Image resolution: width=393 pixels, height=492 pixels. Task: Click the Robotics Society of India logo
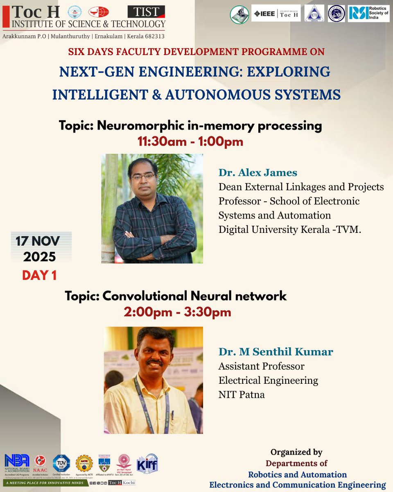pos(369,13)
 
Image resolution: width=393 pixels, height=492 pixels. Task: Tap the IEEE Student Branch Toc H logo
pos(276,13)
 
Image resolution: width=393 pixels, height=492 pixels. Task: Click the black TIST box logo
pos(146,11)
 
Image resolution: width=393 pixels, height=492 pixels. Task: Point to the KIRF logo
pos(147,463)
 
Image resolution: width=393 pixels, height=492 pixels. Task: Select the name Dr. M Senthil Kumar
pos(276,352)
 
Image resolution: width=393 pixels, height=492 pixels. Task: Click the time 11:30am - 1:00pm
pos(190,142)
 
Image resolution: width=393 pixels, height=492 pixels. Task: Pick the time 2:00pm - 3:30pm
pos(177,312)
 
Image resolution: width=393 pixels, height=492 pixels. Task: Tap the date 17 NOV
pos(38,240)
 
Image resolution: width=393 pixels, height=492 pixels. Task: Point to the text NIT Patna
pos(242,395)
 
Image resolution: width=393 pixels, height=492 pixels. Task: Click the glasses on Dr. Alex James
pos(143,177)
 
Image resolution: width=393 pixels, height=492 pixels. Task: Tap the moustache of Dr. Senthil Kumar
pos(154,362)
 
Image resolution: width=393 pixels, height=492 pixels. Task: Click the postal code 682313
pos(152,36)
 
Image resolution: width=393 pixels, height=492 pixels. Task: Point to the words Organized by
pos(296,452)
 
